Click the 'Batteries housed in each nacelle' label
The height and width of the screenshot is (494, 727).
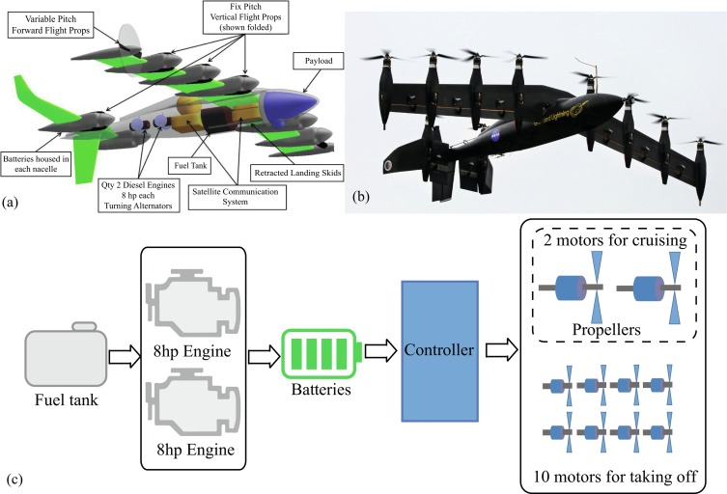(x=41, y=159)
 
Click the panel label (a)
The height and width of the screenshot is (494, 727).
(x=11, y=204)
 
